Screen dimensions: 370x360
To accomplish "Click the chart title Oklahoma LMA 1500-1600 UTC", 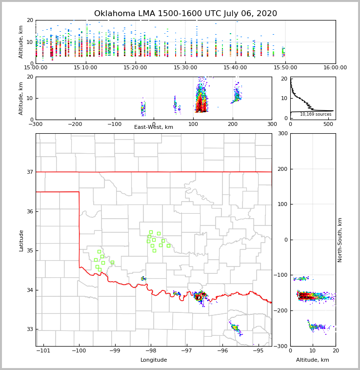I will coord(185,14).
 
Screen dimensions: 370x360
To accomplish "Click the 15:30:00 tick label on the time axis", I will coord(185,67).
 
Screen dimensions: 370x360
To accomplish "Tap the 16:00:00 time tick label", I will coord(335,67).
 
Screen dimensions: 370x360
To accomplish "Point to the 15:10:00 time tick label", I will coord(85,67).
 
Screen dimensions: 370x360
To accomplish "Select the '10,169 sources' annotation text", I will coord(316,114).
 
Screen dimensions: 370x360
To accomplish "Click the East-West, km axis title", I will coord(154,127).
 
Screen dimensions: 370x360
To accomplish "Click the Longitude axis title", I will coord(154,360).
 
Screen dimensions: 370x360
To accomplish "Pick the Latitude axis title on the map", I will coord(21,240).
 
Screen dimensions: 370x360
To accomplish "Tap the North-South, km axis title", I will coord(340,240).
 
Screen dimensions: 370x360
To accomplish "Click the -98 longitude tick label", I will coord(150,350).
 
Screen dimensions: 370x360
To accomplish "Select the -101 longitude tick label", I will coord(43,350).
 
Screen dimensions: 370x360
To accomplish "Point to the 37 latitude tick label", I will coord(29,172).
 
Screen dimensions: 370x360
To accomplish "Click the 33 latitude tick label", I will coord(29,329).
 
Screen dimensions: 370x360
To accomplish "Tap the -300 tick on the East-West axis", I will coord(36,124).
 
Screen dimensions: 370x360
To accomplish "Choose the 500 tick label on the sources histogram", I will coord(328,124).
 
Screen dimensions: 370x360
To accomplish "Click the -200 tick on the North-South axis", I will coord(281,310).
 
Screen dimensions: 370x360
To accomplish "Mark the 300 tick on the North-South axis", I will coord(282,133).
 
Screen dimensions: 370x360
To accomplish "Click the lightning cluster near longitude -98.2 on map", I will coord(143,278).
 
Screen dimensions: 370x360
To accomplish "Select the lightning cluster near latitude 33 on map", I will coord(235,328).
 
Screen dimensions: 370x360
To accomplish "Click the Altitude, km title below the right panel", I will coord(313,360).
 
